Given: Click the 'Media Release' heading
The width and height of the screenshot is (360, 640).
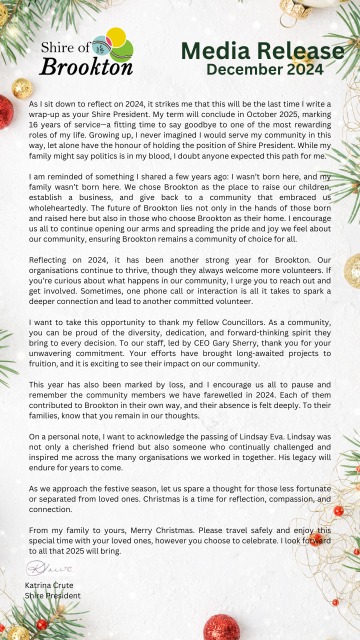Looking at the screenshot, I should click(262, 51).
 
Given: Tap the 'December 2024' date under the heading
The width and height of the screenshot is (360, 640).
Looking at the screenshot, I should click(265, 69).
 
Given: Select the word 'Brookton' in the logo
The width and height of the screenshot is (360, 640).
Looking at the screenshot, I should click(86, 66).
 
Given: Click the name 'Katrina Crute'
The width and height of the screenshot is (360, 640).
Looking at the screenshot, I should click(49, 585).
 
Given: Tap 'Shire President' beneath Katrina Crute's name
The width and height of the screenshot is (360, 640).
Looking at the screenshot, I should click(52, 595).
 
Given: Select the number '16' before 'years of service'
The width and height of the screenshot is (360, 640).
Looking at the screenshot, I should click(34, 124).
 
